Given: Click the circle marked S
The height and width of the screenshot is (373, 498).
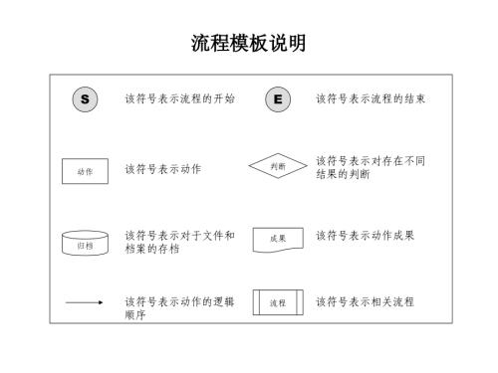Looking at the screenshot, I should [x=85, y=99].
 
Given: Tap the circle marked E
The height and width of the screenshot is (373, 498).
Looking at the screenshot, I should [x=277, y=99].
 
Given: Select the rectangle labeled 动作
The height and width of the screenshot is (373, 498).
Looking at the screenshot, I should [x=85, y=171].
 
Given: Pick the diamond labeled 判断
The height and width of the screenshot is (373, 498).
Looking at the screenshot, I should [x=278, y=167].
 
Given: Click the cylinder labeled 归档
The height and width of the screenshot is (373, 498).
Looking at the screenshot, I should [x=85, y=243].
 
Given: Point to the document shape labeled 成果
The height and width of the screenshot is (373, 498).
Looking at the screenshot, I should [x=278, y=240].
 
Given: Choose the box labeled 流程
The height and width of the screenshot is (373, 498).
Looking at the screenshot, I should [x=278, y=301].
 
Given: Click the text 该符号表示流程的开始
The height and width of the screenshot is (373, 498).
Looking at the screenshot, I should [x=179, y=99].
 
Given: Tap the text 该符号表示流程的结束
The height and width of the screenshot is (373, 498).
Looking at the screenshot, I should [x=371, y=99].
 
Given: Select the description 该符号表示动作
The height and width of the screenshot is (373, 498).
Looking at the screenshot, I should [x=162, y=170].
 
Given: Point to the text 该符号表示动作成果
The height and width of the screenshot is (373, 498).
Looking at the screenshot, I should [x=365, y=236].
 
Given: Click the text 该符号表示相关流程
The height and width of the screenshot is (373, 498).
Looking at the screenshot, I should [x=365, y=301].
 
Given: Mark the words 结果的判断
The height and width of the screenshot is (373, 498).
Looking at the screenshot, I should [x=344, y=175].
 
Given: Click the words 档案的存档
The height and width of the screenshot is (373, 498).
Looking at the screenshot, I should [x=152, y=250].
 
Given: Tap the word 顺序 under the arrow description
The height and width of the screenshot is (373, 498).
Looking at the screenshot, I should [x=135, y=315].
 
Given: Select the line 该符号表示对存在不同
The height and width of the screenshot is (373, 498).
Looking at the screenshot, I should [x=371, y=160].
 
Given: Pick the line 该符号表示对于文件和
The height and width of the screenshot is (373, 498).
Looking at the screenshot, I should [x=179, y=236].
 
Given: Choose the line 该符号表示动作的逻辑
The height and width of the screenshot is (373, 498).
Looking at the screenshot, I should [x=179, y=301].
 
